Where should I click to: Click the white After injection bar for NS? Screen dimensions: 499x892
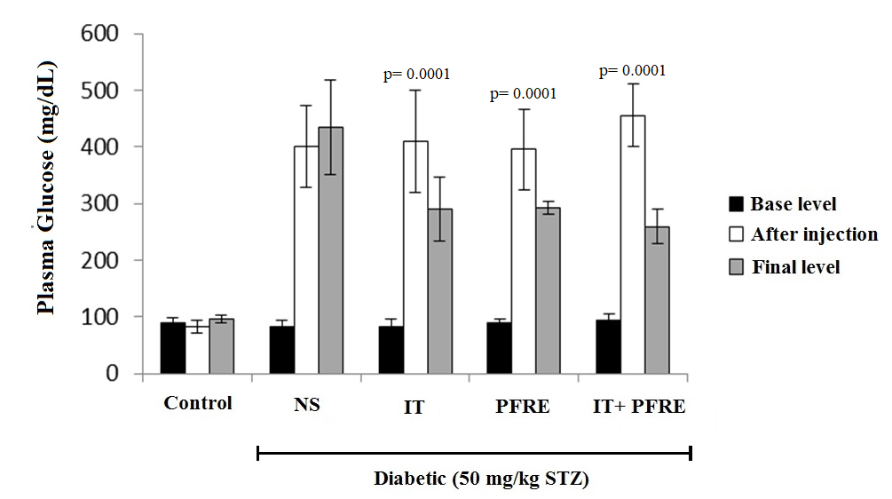(x=306, y=259)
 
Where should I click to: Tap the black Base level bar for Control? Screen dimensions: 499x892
(x=172, y=347)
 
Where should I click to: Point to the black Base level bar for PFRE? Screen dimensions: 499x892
(x=499, y=347)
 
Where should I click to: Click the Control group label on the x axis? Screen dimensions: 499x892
(x=198, y=403)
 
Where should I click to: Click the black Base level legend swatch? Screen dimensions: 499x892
(x=735, y=204)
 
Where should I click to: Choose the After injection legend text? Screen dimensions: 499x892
(x=814, y=234)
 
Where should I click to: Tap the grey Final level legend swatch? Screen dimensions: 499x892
(x=735, y=265)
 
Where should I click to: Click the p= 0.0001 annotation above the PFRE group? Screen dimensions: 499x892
(x=524, y=92)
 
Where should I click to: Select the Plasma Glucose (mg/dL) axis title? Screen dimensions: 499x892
(x=46, y=188)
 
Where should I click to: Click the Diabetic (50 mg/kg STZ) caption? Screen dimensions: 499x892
(x=480, y=479)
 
